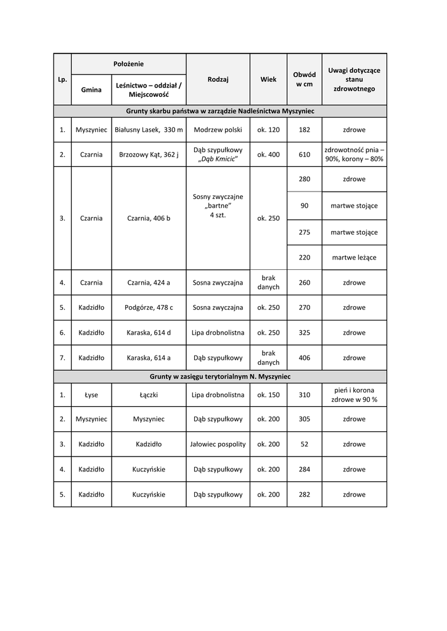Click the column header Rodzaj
point(218,79)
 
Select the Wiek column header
point(268,79)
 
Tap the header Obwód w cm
point(304,79)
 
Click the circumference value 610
point(304,155)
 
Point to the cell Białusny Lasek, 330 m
point(149,130)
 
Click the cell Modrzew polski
point(218,130)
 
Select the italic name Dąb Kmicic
point(218,160)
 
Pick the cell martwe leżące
point(354,258)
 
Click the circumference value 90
point(304,206)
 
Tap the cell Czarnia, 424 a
point(149,283)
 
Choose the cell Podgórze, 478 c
point(149,307)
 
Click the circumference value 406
point(304,358)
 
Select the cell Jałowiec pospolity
point(218,444)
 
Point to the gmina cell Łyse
point(91,395)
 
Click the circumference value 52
point(304,444)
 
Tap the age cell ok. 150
point(268,395)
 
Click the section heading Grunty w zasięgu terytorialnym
point(220,376)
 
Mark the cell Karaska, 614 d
point(149,333)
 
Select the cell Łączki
point(149,395)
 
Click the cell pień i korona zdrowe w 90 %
point(354,395)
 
